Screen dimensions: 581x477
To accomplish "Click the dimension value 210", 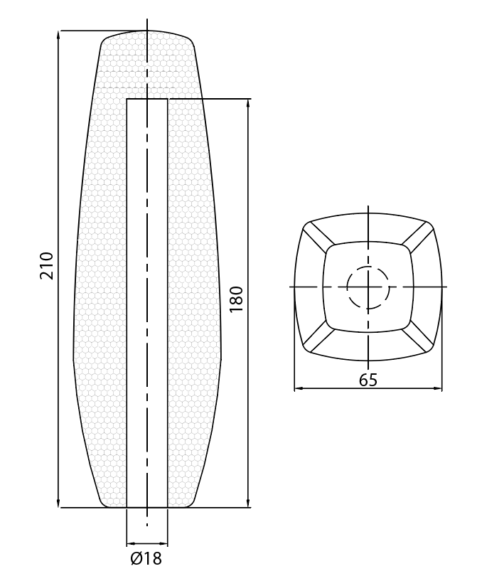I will click(x=46, y=265).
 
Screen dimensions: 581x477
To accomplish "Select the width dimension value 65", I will click(x=368, y=380).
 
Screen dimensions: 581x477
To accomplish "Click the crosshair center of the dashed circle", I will click(x=368, y=287).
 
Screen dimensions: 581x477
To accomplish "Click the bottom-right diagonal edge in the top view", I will click(x=419, y=339).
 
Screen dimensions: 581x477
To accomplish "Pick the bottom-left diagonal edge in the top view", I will click(x=317, y=339).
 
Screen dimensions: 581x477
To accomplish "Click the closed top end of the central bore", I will click(x=147, y=100).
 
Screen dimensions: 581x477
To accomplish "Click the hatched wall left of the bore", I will click(x=103, y=299).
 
